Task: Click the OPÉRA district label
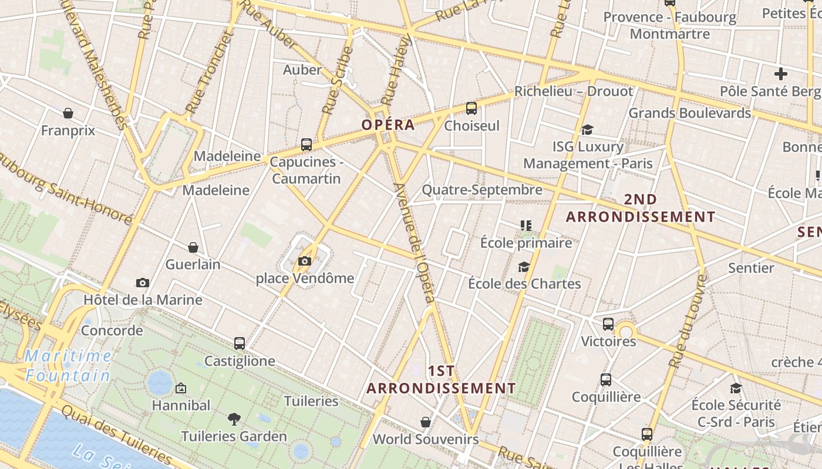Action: coord(388,125)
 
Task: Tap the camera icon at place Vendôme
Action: coord(305,261)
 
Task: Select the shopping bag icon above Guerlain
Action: coord(193,247)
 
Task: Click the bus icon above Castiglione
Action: coord(239,344)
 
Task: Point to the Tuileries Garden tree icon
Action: coord(234,419)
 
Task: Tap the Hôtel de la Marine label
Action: coord(143,300)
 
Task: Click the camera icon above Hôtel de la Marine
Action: coord(142,283)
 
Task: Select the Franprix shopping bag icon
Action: coord(68,113)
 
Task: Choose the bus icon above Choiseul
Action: coord(471,108)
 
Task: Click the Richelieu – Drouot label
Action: coord(574,91)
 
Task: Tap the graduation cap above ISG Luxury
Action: coord(587,130)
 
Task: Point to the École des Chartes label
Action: coord(524,284)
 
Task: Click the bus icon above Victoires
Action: coord(608,324)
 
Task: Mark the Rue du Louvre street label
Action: coord(688,322)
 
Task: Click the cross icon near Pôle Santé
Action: coord(780,74)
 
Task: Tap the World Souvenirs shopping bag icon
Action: coord(426,422)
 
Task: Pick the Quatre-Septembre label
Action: coord(482,190)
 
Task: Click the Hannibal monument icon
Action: coord(181,388)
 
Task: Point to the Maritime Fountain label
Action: coord(69,365)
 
